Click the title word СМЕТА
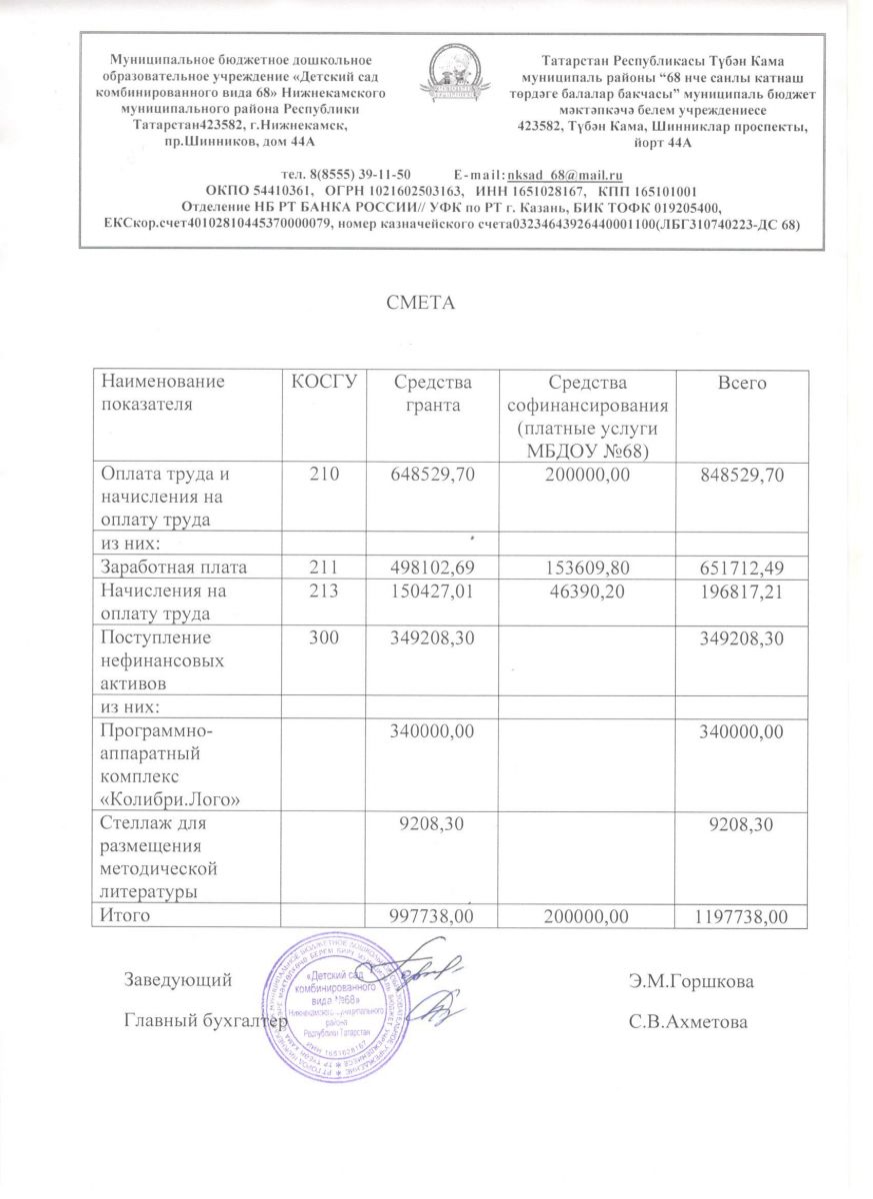coord(421,301)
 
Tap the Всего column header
coord(741,383)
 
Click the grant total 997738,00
coord(427,916)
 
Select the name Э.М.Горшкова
coord(691,982)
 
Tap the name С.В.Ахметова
coord(688,1022)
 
